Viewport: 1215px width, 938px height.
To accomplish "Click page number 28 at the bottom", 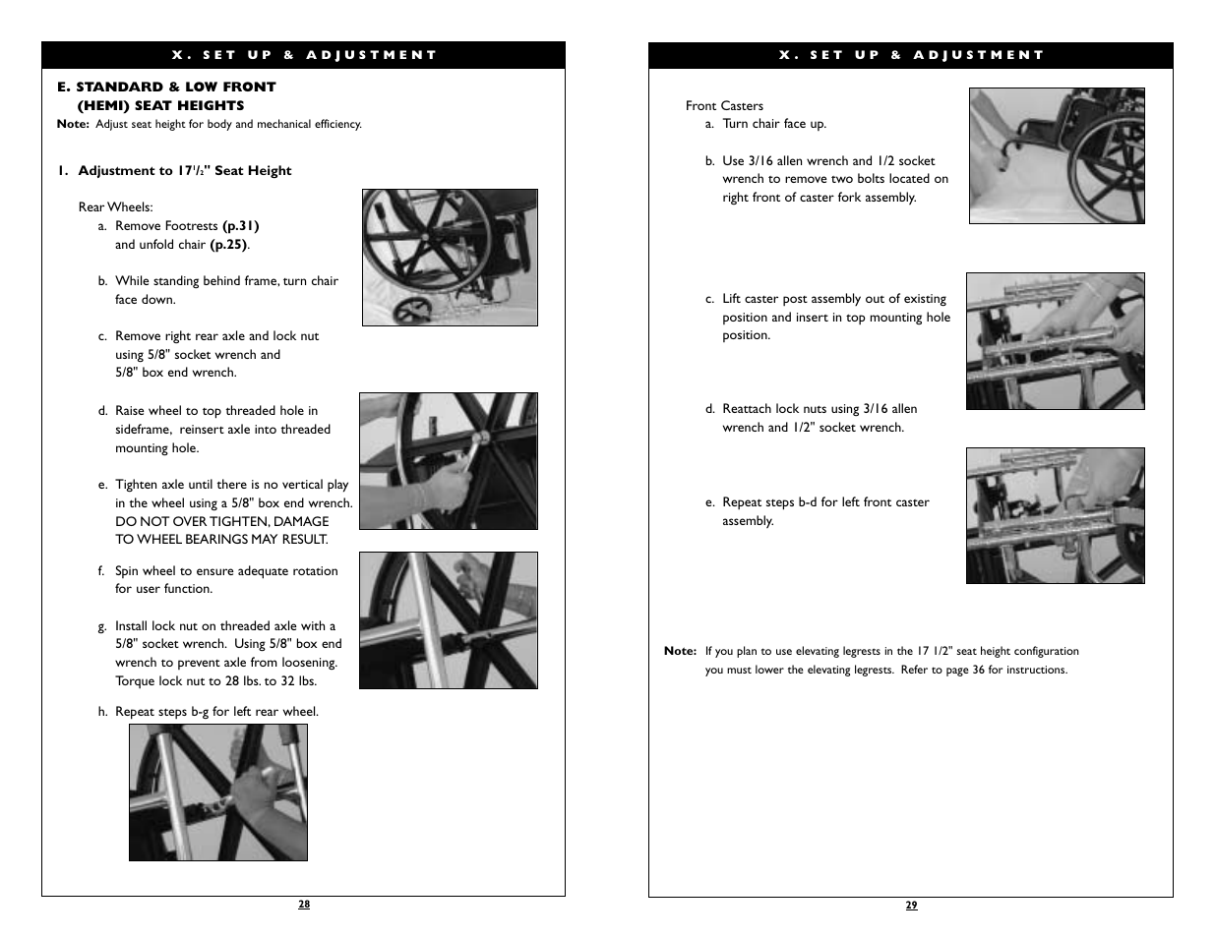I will click(304, 905).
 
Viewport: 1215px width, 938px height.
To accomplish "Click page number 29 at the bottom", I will click(911, 906).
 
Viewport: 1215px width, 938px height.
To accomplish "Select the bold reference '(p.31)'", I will click(241, 226).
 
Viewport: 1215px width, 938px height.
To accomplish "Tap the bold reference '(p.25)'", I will click(228, 245).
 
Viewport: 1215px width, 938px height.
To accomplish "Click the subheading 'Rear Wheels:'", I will click(116, 207).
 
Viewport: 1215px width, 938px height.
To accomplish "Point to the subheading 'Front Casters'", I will click(724, 106).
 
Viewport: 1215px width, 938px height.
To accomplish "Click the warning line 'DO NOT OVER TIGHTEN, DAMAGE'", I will click(221, 522).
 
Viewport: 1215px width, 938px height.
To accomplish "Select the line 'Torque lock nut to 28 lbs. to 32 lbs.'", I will click(215, 681).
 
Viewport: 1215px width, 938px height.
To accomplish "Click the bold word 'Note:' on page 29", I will click(680, 651).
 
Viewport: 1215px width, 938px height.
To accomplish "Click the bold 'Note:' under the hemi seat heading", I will click(73, 125).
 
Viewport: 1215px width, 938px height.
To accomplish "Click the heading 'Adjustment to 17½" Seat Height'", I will click(184, 171).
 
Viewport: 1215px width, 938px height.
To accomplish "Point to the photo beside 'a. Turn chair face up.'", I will click(1056, 155).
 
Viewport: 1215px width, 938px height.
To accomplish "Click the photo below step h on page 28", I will click(217, 792).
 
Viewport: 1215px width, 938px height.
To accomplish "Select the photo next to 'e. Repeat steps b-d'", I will click(1055, 515).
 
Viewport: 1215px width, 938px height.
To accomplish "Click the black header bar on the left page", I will click(303, 55).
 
